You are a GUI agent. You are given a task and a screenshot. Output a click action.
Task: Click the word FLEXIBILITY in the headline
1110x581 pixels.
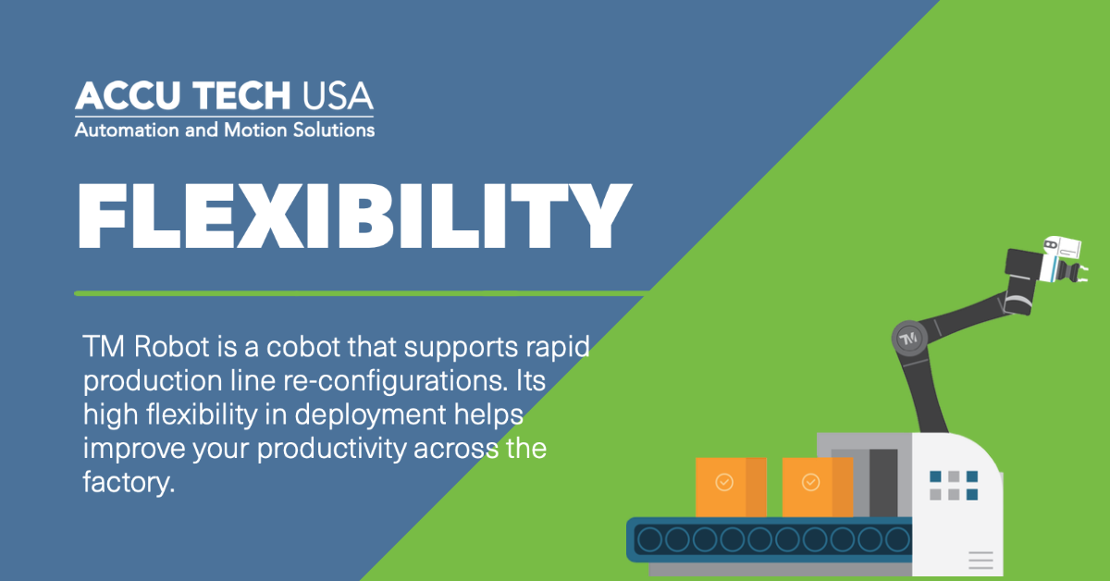coord(355,216)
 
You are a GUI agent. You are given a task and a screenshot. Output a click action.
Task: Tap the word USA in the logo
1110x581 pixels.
coord(338,95)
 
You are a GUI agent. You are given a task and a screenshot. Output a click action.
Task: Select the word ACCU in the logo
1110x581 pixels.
coord(128,95)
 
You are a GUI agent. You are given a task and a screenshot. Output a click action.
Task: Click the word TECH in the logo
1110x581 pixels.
coord(241,95)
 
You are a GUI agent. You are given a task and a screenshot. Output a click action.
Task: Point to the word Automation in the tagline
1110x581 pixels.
coord(128,130)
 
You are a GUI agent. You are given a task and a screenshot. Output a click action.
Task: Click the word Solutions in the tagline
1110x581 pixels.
coord(334,130)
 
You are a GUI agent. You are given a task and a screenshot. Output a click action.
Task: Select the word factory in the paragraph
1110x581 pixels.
coord(129,482)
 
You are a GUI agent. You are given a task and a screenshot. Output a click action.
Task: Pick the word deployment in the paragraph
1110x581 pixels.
coord(371,414)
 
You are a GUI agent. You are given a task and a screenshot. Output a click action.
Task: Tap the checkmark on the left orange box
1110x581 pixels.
coord(724,482)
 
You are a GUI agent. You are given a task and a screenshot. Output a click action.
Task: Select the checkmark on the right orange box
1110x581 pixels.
coord(810,482)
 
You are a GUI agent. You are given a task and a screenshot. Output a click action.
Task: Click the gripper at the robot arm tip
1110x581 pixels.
coord(1074,272)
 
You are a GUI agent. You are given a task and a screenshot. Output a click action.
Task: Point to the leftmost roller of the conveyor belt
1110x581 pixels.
coord(649,539)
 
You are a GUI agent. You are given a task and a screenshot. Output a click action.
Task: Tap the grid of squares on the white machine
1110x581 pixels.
coord(954,486)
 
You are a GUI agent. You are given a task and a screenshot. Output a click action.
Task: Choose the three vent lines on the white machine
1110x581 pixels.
coord(980,560)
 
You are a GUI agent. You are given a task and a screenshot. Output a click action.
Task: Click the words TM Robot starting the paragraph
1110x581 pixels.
coord(146,347)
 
